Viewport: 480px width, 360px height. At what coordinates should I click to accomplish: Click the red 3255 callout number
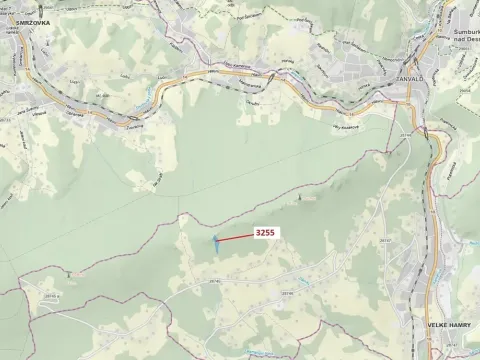[x=265, y=232]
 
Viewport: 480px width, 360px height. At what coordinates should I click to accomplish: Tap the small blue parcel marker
[x=213, y=240]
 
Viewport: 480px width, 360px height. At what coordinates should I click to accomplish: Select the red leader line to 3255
[x=235, y=236]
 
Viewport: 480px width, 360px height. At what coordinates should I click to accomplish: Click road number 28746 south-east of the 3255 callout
[x=287, y=293]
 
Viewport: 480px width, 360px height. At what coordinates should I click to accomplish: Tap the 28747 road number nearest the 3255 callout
[x=357, y=241]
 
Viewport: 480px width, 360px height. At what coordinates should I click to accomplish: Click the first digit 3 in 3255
[x=258, y=232]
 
